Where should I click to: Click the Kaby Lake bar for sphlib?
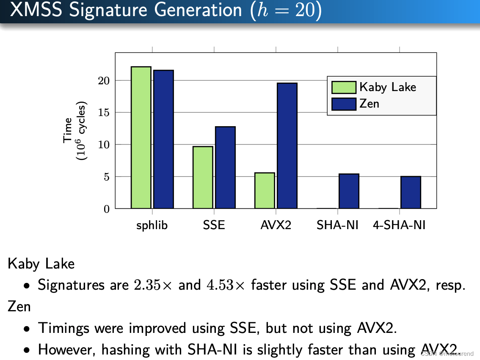141,138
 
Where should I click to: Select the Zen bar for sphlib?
163,139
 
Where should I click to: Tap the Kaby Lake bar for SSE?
203,177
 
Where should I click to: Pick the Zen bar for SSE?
225,168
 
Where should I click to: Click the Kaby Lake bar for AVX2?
265,191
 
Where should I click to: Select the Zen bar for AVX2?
287,146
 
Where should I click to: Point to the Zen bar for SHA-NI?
349,191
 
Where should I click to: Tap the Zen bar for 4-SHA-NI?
411,192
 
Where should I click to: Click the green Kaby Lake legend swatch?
344,87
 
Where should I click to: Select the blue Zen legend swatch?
344,104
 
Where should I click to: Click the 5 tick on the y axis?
107,177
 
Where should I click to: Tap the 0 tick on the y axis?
107,209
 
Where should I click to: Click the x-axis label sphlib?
152,225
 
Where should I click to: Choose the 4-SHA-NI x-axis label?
399,225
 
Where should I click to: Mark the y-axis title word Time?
68,131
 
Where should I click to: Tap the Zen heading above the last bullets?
19,306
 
